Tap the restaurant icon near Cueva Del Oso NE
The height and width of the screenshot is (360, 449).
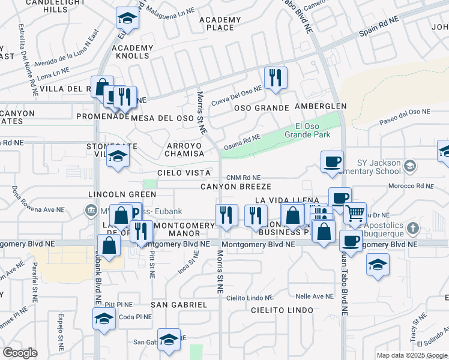point(276,77)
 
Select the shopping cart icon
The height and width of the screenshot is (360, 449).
point(355,212)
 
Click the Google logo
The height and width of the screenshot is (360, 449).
point(20,352)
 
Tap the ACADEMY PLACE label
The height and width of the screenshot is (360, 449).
point(220,23)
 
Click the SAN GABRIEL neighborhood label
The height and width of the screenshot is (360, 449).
point(179,304)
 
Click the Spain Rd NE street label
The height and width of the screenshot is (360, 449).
point(379,25)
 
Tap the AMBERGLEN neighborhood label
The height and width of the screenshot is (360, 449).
point(321,106)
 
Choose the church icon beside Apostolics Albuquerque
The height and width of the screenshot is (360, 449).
point(412,228)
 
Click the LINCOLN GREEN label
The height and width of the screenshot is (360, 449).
point(122,194)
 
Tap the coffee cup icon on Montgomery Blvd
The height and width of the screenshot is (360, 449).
point(351,241)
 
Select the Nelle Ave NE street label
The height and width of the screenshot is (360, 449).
point(314,296)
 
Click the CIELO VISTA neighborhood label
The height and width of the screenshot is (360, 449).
point(184,173)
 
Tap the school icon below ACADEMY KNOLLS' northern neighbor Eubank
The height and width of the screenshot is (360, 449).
point(127,19)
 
